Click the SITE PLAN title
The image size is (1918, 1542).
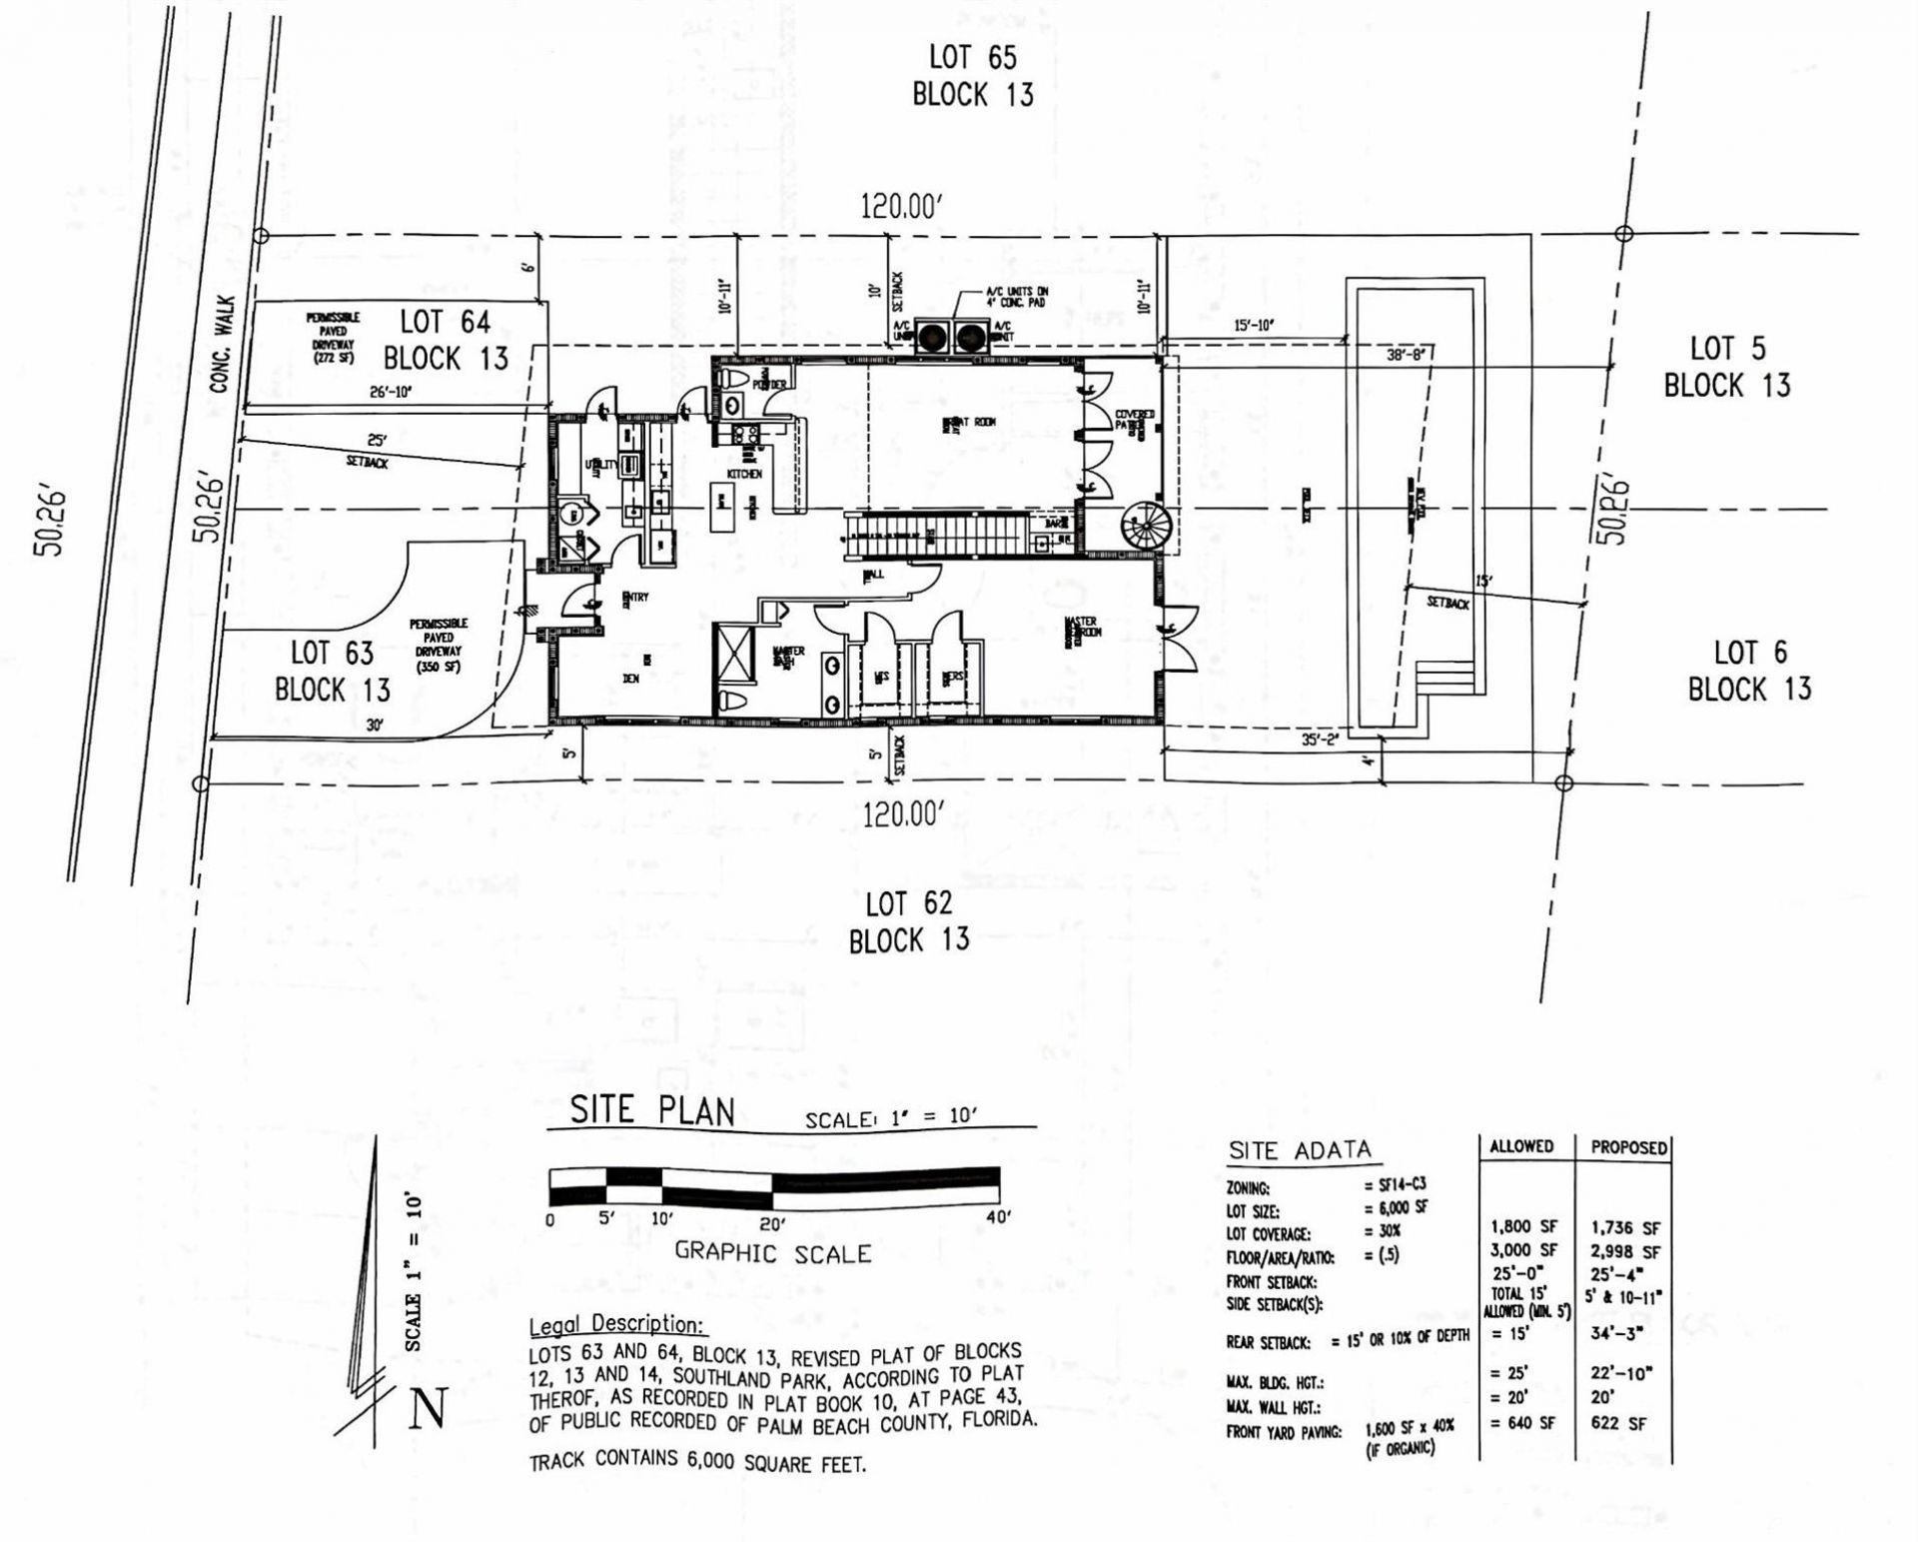652,1110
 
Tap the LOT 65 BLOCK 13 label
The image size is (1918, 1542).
973,75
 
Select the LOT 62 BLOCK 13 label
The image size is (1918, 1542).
908,921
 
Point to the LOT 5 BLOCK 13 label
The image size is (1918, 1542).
1727,367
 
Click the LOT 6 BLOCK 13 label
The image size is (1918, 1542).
1749,671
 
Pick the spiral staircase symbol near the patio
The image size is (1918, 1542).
1142,526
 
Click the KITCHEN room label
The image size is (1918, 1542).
744,474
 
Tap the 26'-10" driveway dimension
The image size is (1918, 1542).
392,393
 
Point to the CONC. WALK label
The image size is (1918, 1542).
223,343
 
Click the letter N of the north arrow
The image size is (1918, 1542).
428,1409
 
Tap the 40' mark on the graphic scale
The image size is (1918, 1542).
998,1216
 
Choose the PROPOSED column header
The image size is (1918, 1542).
1628,1147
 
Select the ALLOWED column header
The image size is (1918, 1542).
1521,1146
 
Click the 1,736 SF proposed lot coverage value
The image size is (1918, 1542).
1625,1227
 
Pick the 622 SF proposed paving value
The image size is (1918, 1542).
1618,1423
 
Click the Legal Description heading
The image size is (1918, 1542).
617,1324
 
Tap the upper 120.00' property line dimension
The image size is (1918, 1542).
902,207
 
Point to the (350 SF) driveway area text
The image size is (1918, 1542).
439,667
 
